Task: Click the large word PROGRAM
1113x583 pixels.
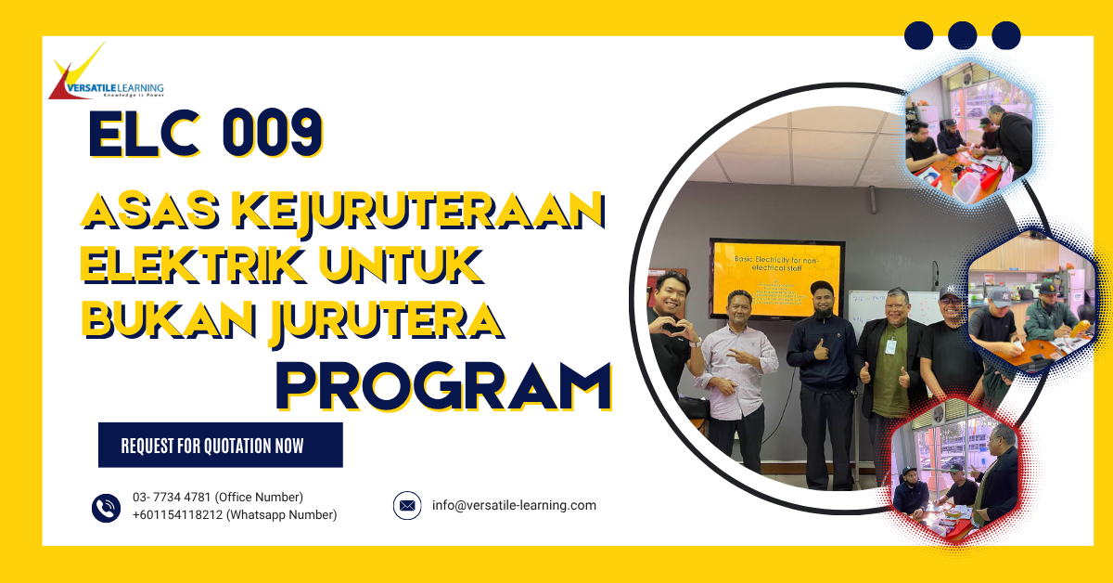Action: tap(443, 384)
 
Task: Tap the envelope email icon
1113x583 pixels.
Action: tap(407, 506)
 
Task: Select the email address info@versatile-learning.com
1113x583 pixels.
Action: tap(514, 506)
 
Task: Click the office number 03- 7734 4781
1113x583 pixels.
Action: tap(173, 498)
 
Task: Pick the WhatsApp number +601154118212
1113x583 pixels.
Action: tap(177, 515)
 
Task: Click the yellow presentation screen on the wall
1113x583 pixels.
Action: tap(775, 278)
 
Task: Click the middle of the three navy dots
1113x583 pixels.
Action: tap(962, 36)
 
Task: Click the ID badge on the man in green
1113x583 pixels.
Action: tap(890, 346)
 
